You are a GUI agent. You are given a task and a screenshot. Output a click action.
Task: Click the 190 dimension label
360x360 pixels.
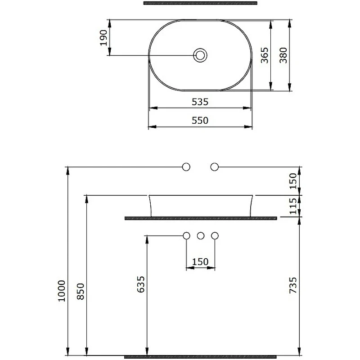(103, 38)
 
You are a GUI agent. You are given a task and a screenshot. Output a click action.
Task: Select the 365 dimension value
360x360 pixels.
(265, 55)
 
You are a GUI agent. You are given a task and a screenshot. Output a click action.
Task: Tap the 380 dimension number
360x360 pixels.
(283, 55)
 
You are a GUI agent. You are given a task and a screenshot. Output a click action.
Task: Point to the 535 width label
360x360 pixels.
(200, 102)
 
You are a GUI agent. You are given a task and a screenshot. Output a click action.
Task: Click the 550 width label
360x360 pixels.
(200, 120)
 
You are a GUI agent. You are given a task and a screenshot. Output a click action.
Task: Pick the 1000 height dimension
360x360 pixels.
(62, 291)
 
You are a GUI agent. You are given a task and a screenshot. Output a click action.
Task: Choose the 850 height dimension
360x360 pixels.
(81, 291)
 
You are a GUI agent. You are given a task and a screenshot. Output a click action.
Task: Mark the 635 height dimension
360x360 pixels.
(141, 284)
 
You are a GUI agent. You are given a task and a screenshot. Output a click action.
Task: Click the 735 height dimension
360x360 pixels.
(293, 285)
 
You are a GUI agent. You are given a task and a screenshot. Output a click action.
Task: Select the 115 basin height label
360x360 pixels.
(293, 206)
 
